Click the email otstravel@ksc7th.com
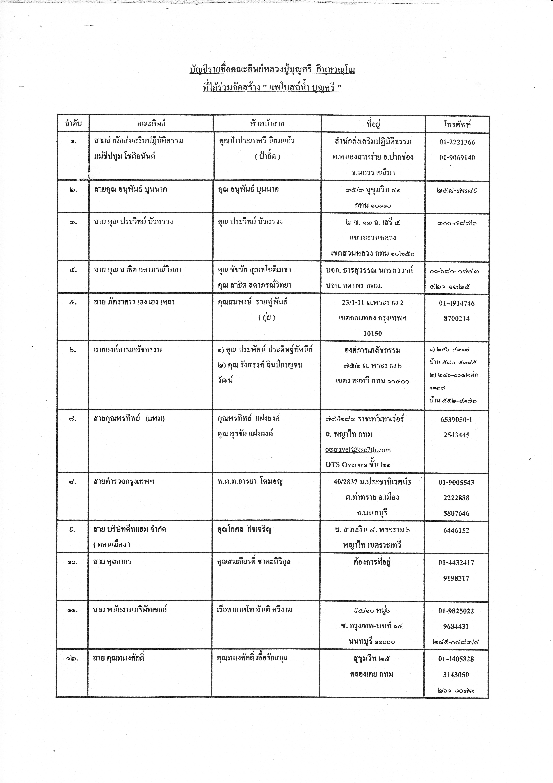point(358,450)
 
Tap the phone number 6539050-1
point(456,420)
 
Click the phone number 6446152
point(456,530)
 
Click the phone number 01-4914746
point(457,303)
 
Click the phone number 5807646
point(456,513)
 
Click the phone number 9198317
point(456,578)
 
